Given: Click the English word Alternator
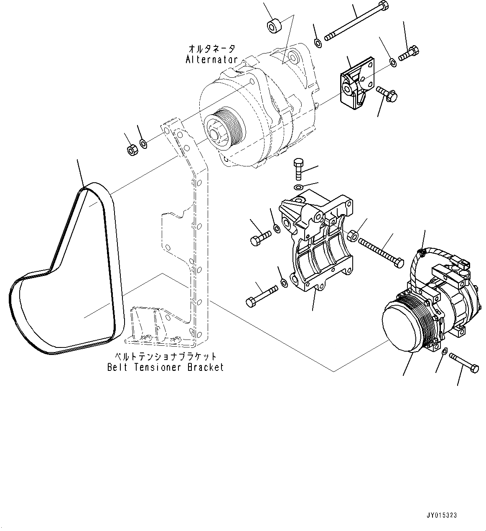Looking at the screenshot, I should click(211, 59).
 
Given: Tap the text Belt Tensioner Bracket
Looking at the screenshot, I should click(165, 367).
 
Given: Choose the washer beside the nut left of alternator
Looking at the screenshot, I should click(143, 144).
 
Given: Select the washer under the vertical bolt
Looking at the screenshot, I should click(298, 187).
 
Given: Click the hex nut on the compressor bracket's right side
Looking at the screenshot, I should click(353, 237).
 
